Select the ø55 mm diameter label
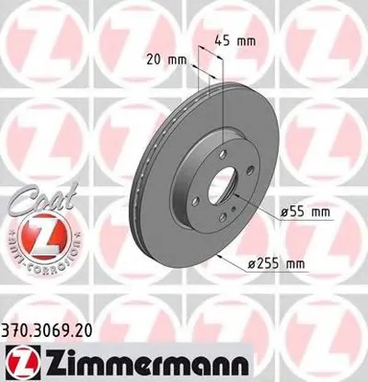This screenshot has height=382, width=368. point(305,213)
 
